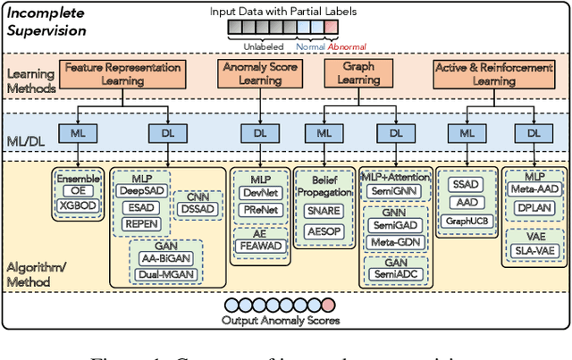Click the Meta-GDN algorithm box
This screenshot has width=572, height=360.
pyautogui.click(x=394, y=242)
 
